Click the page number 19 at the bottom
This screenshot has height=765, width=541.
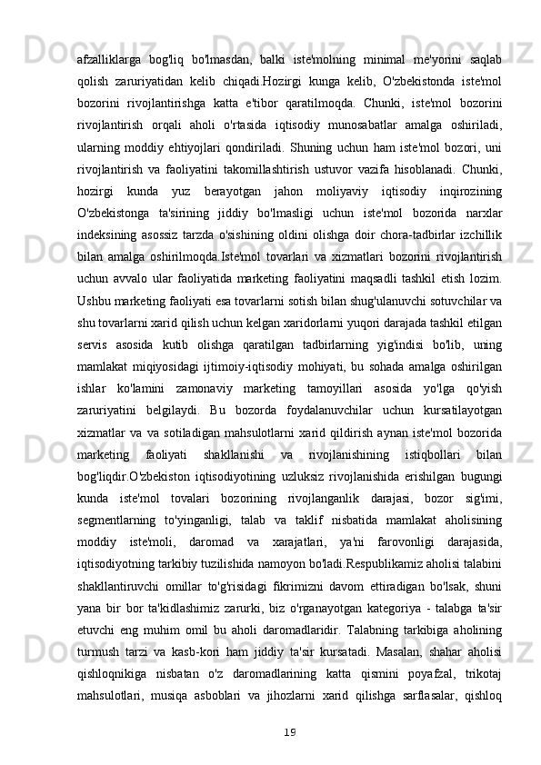pyautogui.click(x=289, y=756)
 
